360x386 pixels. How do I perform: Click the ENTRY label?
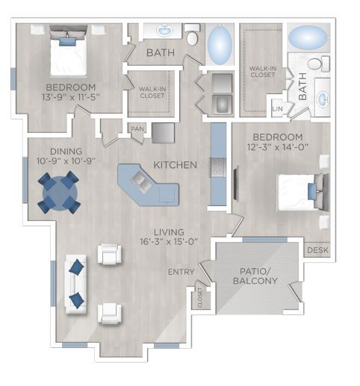point(181,272)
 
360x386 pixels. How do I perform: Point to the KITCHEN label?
point(175,164)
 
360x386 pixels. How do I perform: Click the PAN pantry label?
point(137,128)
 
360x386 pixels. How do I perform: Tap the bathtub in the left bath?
point(219,45)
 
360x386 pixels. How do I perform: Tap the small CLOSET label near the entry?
point(201,299)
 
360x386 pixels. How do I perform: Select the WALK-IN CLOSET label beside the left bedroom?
point(152,92)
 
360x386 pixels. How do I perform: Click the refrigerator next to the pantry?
point(163,132)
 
